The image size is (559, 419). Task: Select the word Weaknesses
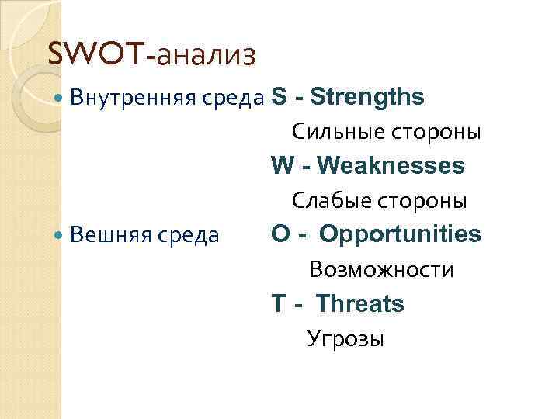coord(391,165)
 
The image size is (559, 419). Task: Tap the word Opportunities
coord(400,234)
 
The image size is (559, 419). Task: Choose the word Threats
coord(360,303)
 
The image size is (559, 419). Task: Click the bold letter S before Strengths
coord(278,97)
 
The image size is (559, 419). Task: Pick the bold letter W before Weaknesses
coord(283,165)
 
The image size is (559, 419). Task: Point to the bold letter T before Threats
coord(278,303)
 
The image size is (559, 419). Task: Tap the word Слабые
coord(331,201)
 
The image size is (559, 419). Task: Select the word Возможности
coord(381,270)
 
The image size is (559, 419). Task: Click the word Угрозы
coord(345,339)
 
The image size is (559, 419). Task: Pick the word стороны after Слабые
coord(422,201)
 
